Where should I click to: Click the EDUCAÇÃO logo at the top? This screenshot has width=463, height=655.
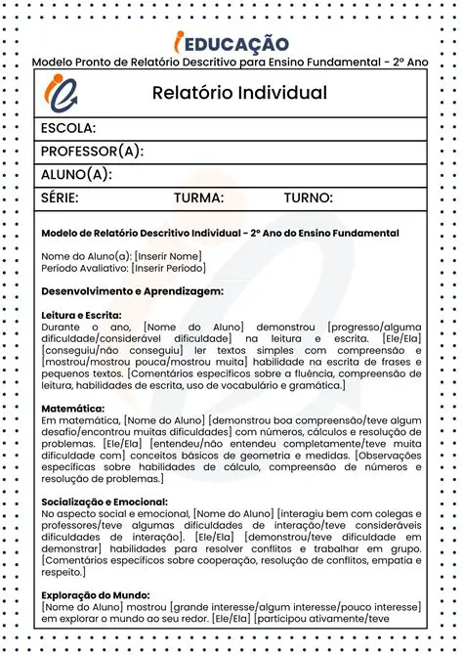click(231, 43)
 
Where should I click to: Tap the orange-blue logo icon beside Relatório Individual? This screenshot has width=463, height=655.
click(61, 95)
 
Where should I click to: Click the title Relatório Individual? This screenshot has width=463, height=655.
click(239, 94)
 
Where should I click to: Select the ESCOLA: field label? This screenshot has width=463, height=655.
click(68, 129)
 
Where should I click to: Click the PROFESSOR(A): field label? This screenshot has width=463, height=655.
click(92, 152)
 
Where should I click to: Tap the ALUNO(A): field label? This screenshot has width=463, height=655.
click(75, 175)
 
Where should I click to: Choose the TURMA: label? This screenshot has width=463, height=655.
click(198, 198)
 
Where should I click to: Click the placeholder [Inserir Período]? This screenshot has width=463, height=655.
click(168, 268)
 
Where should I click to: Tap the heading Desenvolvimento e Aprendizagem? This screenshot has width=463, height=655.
click(133, 291)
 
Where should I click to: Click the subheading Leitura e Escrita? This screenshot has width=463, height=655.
click(82, 316)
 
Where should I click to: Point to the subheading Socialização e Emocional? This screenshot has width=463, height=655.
click(105, 502)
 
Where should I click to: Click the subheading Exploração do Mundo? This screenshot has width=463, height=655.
click(96, 594)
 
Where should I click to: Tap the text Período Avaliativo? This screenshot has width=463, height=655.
click(85, 268)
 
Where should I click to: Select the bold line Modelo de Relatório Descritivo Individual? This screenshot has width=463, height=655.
click(220, 234)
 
